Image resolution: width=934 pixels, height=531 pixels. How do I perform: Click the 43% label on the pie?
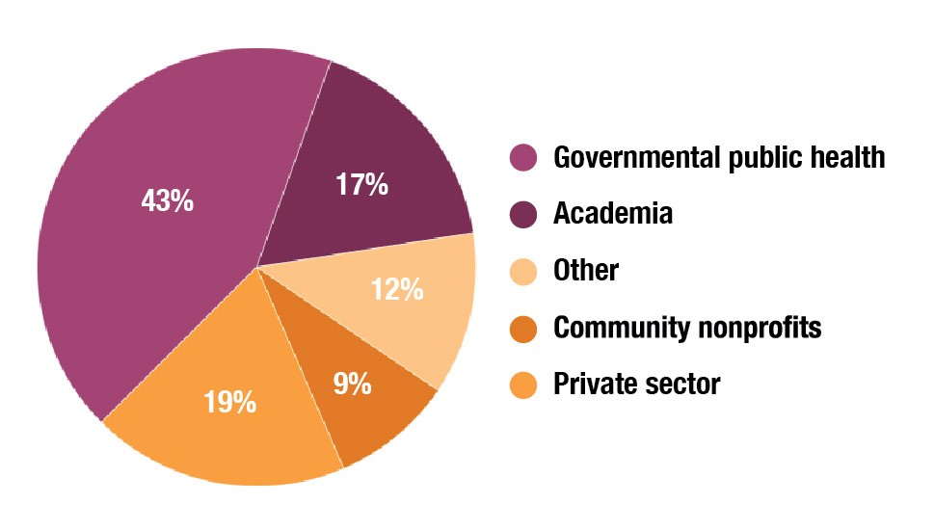[x=168, y=201]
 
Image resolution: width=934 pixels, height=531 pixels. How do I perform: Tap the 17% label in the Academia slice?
[x=362, y=184]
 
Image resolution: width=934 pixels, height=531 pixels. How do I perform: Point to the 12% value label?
[x=397, y=288]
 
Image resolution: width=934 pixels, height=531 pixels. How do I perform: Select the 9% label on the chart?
[x=354, y=384]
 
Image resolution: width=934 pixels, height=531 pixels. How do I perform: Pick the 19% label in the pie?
[x=230, y=401]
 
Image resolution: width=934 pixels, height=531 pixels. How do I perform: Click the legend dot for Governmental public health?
[x=523, y=157]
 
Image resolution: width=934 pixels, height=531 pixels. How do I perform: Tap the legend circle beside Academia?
[x=523, y=214]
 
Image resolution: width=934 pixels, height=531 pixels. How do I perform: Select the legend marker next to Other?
[x=523, y=271]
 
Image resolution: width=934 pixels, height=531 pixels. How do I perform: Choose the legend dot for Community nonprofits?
[x=523, y=328]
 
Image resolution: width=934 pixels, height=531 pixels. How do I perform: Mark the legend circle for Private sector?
[x=523, y=385]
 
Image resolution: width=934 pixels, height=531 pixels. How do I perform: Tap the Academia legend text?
[x=613, y=214]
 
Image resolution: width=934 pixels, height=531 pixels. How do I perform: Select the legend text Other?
[x=586, y=271]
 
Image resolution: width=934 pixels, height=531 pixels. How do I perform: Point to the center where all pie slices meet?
[x=257, y=267]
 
